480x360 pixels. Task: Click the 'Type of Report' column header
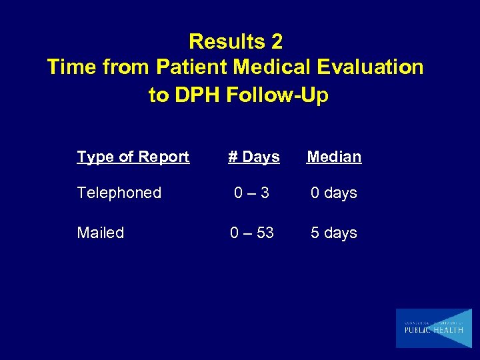click(x=133, y=157)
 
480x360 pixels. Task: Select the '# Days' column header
click(x=253, y=157)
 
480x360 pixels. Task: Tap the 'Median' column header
click(x=334, y=157)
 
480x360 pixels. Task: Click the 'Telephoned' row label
click(x=119, y=193)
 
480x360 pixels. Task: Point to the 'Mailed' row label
click(x=101, y=233)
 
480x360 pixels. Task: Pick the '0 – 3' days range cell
click(x=251, y=193)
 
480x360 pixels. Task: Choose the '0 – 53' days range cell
click(x=252, y=233)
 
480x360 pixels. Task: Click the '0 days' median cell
click(x=334, y=193)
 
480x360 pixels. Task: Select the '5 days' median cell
click(x=334, y=233)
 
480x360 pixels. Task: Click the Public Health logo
click(x=433, y=328)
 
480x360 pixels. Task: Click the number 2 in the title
click(x=277, y=42)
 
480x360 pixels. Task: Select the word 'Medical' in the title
click(x=271, y=68)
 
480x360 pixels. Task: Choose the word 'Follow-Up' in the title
click(x=277, y=95)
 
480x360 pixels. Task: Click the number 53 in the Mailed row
click(x=265, y=233)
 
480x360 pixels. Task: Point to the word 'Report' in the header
click(x=165, y=157)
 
